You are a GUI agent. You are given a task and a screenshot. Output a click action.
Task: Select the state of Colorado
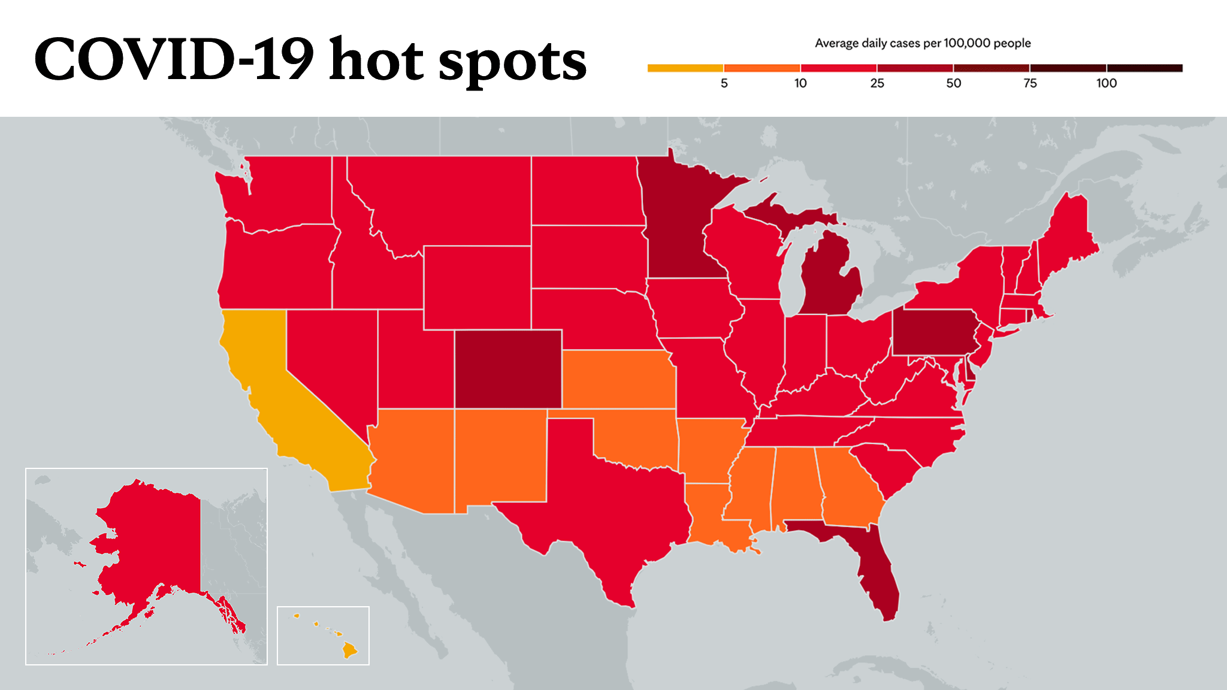coord(508,369)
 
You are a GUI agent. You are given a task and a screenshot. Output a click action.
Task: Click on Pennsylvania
coord(935,332)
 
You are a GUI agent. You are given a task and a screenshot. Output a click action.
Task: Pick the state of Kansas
coord(617,380)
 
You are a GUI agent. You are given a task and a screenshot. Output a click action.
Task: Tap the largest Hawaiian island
coord(349,650)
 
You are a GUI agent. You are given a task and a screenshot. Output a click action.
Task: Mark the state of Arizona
coord(413,458)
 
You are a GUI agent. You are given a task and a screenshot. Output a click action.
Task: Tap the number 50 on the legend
coord(953,83)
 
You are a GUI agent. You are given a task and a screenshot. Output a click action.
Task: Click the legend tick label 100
coord(1107,83)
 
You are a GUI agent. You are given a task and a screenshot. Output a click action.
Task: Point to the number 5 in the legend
coord(724,83)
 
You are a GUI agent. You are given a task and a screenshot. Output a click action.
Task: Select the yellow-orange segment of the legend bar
coord(685,68)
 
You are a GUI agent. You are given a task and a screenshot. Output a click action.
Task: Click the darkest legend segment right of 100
coord(1145,68)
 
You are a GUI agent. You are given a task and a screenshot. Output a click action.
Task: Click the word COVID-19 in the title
coord(174,59)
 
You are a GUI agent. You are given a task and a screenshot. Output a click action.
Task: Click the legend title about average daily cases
coord(923,43)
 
